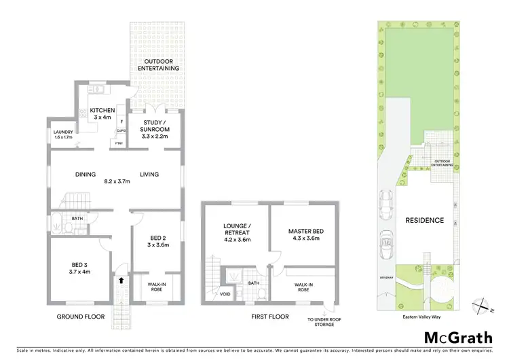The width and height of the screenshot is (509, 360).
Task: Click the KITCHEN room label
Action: (103, 110)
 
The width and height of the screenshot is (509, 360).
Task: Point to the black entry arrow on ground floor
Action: (121, 279)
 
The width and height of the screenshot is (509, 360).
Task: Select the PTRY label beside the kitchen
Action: (119, 143)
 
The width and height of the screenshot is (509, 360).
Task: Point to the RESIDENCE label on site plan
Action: (424, 220)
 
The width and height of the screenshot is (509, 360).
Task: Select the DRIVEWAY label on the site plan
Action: (386, 277)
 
